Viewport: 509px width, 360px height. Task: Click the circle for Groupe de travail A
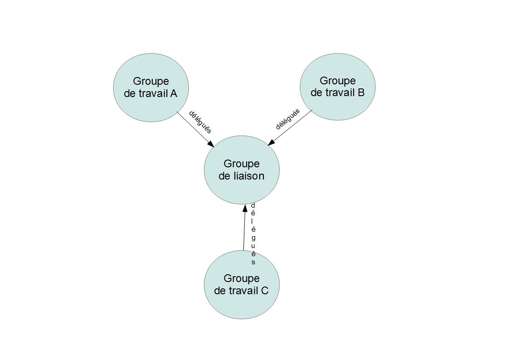pos(151,88)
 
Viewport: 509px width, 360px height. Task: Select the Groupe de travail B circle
pos(338,87)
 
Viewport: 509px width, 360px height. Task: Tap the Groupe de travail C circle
pos(242,285)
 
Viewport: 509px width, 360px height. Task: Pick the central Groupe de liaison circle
pos(242,170)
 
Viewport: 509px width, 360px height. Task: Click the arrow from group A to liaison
pos(195,130)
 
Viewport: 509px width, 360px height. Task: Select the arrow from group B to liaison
pos(290,127)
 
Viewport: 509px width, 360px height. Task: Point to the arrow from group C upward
pos(244,228)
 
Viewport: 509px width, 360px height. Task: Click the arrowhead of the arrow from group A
pos(211,144)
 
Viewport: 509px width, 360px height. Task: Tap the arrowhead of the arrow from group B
pos(271,142)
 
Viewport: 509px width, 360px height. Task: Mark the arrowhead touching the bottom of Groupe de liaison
pos(245,208)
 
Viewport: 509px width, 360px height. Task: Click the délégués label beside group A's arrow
pos(200,122)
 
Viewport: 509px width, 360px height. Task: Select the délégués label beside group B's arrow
pos(288,119)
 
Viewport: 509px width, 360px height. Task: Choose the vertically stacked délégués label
pos(253,234)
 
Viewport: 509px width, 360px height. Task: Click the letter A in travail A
pos(173,93)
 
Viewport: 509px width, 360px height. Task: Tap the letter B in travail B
pos(361,92)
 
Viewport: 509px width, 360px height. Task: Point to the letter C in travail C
pos(265,291)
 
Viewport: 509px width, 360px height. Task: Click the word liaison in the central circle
pos(249,176)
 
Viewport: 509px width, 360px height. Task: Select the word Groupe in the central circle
pos(242,164)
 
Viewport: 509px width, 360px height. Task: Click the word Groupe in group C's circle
pos(242,279)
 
